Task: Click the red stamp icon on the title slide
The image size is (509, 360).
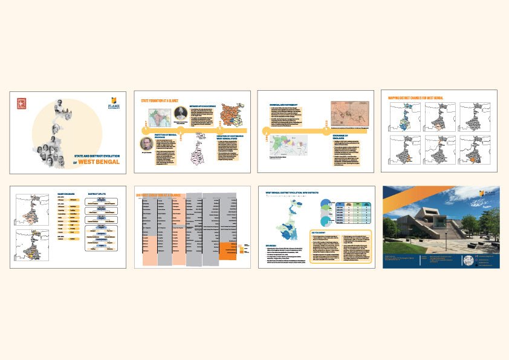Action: [x=22, y=103]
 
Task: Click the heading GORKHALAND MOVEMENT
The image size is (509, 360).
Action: [x=282, y=104]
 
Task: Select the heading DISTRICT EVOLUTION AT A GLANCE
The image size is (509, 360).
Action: [x=158, y=195]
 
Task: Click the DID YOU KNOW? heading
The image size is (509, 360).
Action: [x=319, y=231]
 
